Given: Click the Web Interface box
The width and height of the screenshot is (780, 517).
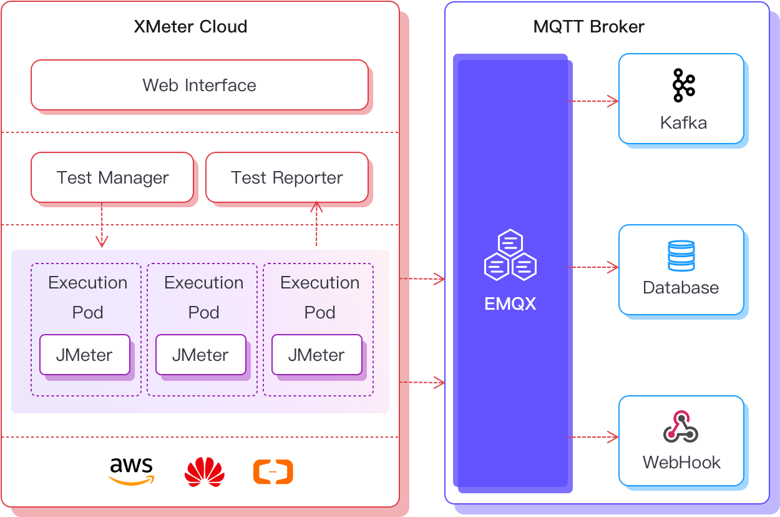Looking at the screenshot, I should click(200, 85).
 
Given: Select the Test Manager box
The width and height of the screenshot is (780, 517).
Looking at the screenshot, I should click(112, 177).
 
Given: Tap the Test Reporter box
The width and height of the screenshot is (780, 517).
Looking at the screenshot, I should click(287, 177).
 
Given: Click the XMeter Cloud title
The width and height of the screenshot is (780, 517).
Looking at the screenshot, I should click(190, 27).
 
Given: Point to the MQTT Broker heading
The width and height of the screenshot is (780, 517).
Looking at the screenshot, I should click(588, 27).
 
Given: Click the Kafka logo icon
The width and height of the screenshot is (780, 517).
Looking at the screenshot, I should click(683, 86).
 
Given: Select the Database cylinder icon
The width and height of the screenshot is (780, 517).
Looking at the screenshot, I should click(681, 255).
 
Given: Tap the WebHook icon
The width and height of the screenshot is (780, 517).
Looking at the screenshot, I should click(680, 427).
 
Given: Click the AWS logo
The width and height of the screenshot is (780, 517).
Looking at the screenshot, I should click(131, 471).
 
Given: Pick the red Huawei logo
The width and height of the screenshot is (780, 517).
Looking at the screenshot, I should click(205, 472).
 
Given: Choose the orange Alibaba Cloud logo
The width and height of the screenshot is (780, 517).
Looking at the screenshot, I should click(273, 472).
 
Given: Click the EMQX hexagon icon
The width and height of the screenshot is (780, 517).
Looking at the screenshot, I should click(510, 255).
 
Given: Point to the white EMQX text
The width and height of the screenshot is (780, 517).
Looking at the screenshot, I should click(510, 304).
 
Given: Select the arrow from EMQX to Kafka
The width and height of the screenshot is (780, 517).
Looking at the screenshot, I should click(593, 101).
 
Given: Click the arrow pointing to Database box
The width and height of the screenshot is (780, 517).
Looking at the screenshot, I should click(593, 267).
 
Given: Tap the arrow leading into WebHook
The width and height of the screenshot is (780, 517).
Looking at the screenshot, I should click(593, 437).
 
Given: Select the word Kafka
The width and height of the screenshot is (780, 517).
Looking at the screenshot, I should click(683, 122).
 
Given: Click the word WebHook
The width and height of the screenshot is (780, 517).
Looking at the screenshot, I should click(681, 463).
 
